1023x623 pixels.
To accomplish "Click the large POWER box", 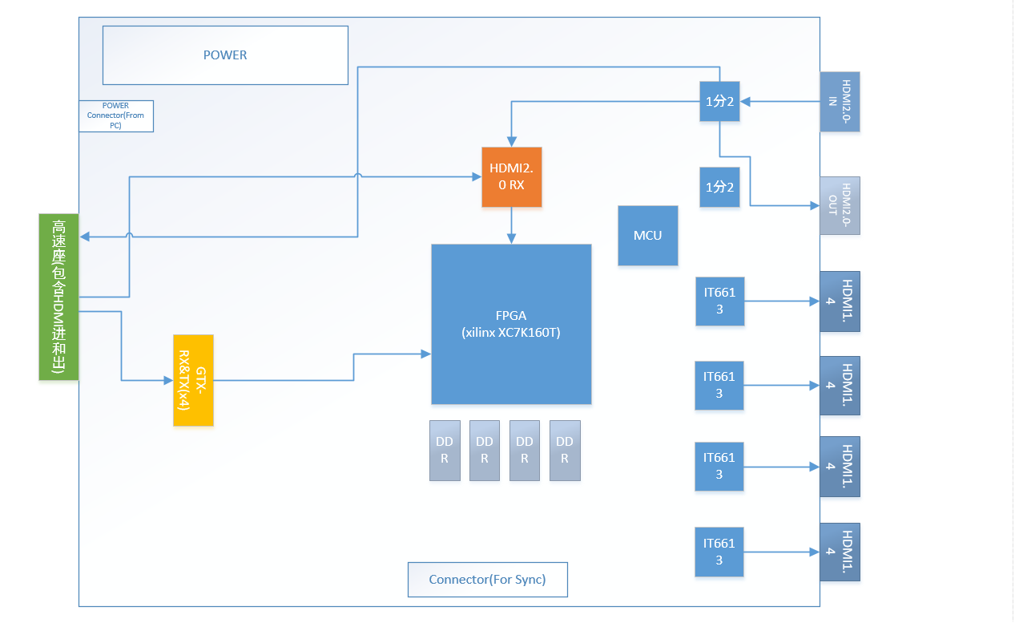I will pyautogui.click(x=225, y=55).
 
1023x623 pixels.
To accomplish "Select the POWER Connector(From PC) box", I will pyautogui.click(x=116, y=116).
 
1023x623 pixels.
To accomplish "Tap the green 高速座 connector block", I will pyautogui.click(x=58, y=297).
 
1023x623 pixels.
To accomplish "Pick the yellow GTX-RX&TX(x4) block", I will pyautogui.click(x=193, y=380).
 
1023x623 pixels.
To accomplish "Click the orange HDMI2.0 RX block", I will pyautogui.click(x=511, y=176).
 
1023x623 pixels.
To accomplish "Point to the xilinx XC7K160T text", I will pyautogui.click(x=511, y=333).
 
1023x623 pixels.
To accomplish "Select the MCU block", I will pyautogui.click(x=647, y=236).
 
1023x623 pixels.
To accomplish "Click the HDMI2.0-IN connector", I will pyautogui.click(x=840, y=102).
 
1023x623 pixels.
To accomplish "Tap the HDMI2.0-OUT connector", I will pyautogui.click(x=840, y=205).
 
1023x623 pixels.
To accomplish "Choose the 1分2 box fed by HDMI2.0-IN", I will pyautogui.click(x=719, y=102).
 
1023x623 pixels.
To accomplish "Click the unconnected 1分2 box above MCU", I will pyautogui.click(x=719, y=187).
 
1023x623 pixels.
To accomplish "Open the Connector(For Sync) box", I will pyautogui.click(x=487, y=579).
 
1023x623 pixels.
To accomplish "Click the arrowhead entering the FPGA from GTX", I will pyautogui.click(x=425, y=353).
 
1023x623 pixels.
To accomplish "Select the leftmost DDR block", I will pyautogui.click(x=445, y=450).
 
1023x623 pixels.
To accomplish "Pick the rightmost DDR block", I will pyautogui.click(x=565, y=450).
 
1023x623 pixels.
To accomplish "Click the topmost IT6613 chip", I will pyautogui.click(x=719, y=301).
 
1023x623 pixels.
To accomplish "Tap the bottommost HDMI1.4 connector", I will pyautogui.click(x=840, y=552).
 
